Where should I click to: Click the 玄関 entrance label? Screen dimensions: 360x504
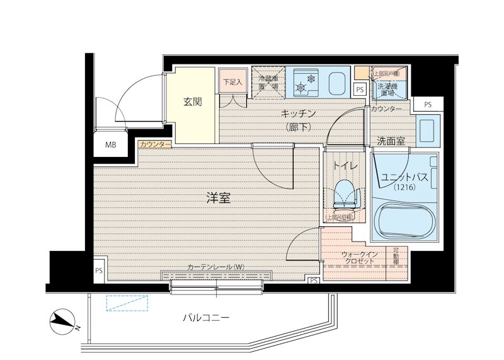(x=193, y=101)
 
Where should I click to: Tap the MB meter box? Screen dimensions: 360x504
(x=111, y=144)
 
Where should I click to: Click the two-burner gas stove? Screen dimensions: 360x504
(x=307, y=83)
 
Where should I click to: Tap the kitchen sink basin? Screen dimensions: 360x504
(x=336, y=82)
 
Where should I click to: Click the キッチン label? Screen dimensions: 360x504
(x=297, y=113)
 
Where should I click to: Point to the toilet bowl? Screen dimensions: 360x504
(x=344, y=192)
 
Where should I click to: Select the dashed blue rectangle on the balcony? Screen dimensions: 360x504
(x=128, y=303)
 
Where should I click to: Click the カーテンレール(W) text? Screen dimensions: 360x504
(x=215, y=267)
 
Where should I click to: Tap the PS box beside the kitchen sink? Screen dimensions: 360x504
(x=359, y=90)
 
